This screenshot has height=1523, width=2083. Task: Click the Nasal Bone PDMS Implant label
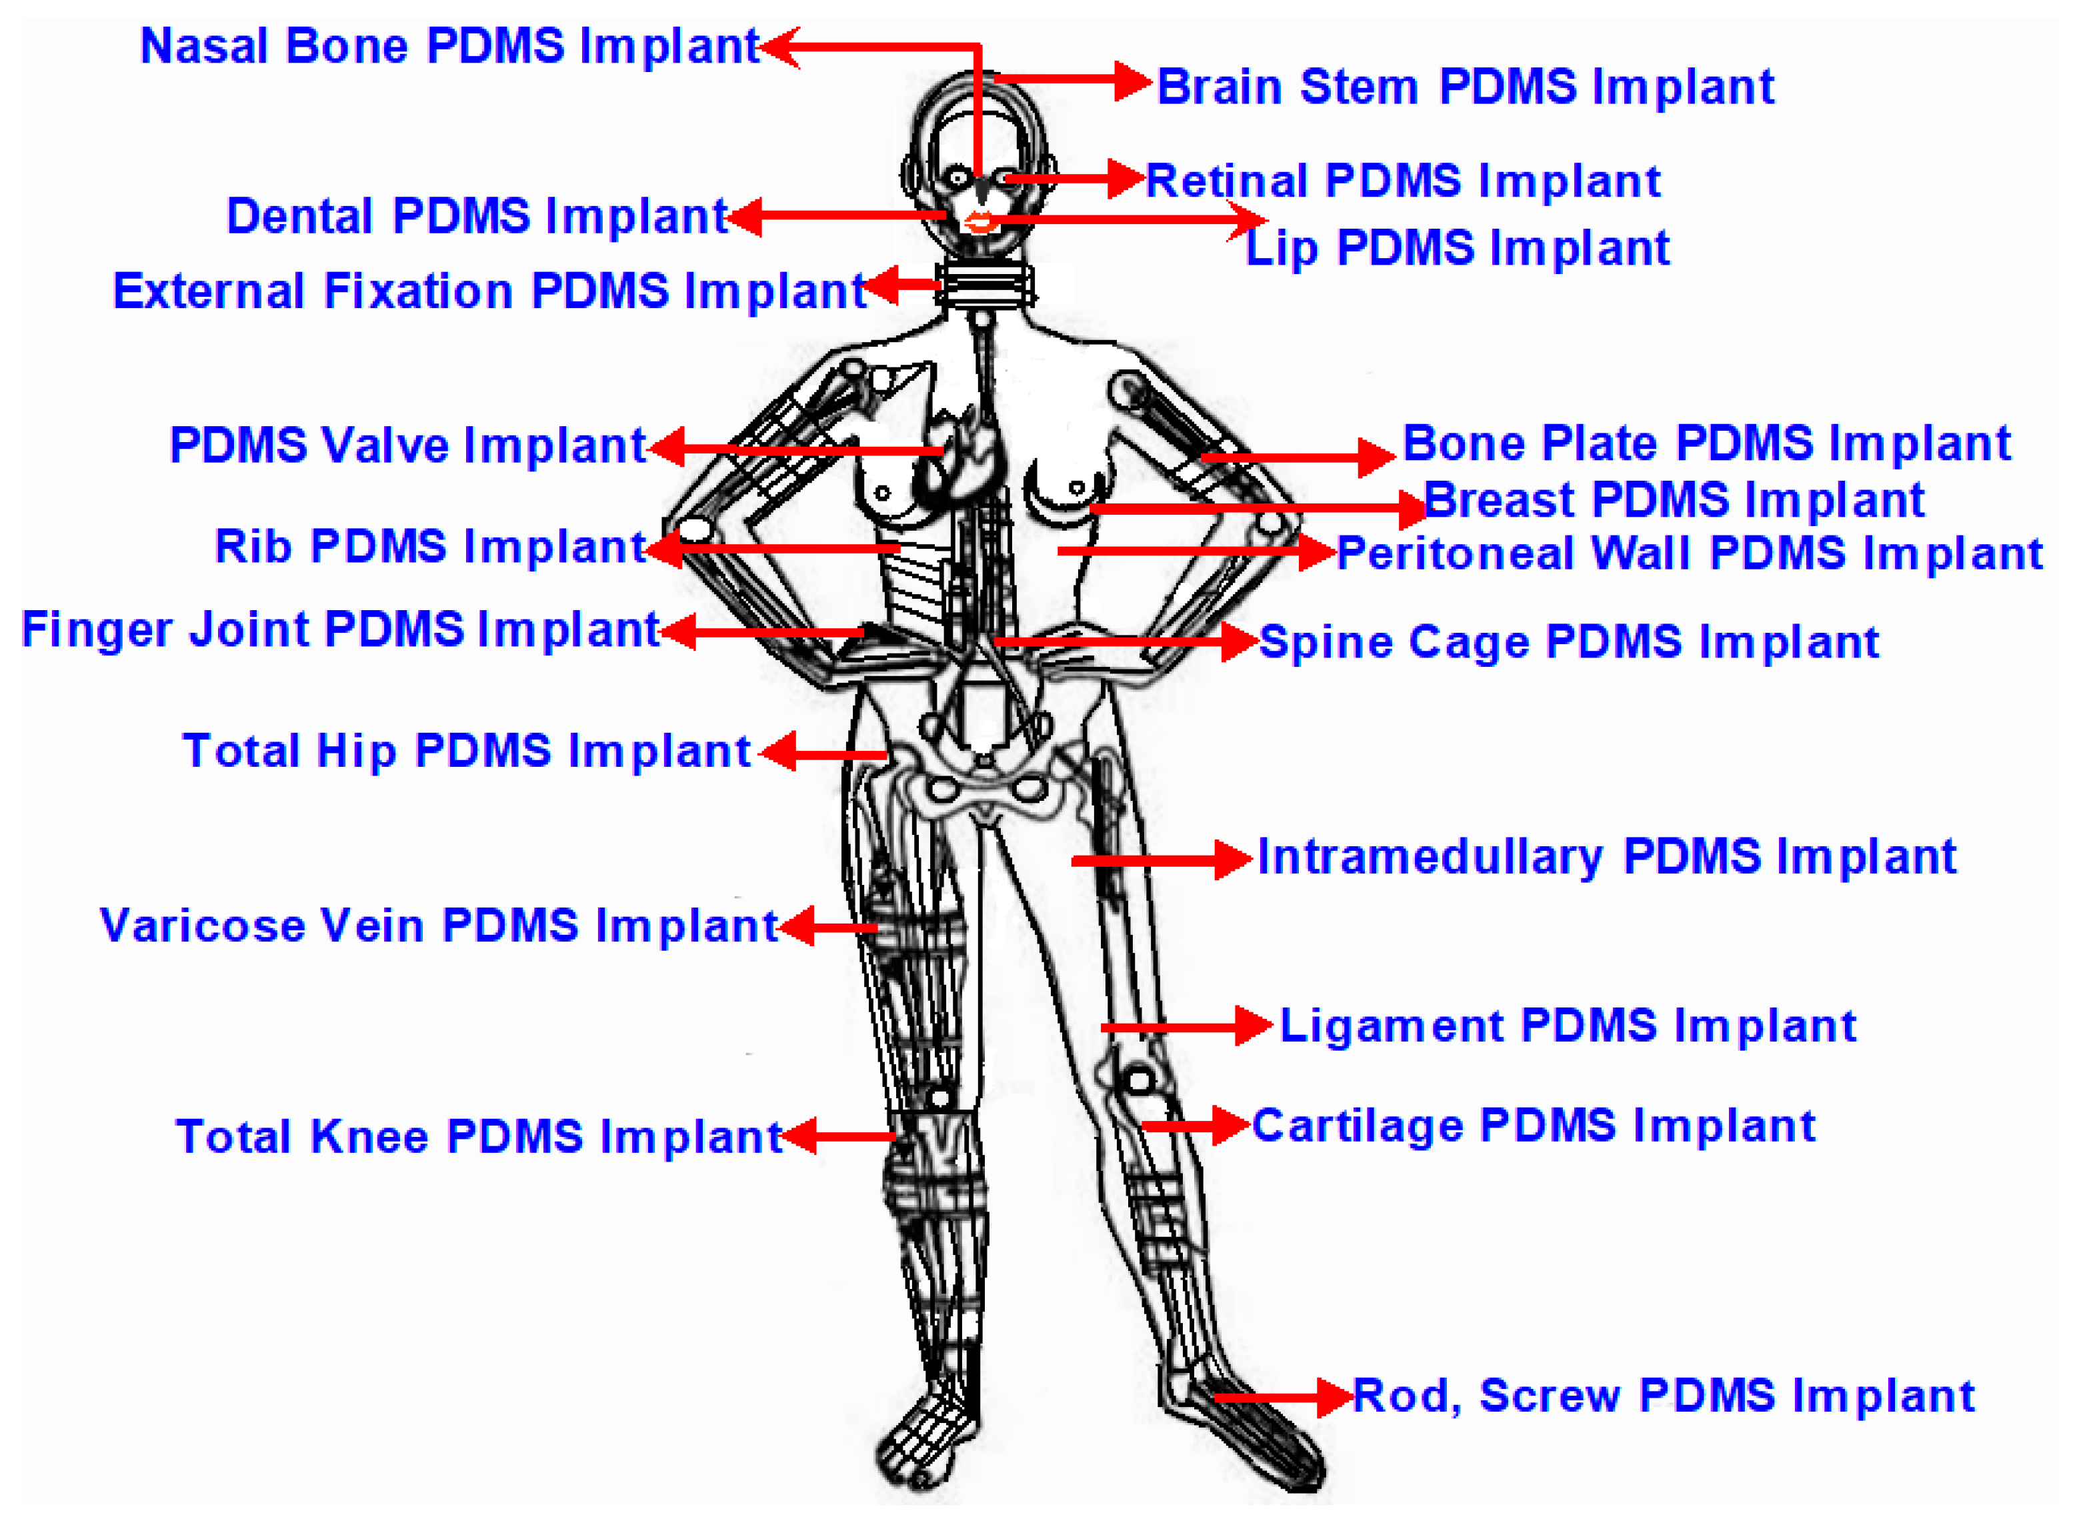449,46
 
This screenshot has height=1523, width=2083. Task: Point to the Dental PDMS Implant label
477,217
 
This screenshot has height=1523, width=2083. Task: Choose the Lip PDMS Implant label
1457,248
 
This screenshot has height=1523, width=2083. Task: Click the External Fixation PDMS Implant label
489,291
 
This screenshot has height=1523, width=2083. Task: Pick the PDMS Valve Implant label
407,446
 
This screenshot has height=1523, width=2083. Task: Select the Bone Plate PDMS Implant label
1706,443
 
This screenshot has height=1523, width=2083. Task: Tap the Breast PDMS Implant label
1673,501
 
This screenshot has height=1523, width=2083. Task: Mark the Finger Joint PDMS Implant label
340,631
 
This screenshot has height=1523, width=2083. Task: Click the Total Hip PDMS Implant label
466,751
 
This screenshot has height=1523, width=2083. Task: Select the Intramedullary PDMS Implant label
1606,858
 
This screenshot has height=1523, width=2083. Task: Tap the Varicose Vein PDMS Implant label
439,926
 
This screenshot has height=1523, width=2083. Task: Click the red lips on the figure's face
979,222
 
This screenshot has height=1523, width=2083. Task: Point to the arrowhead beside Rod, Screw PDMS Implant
1334,1398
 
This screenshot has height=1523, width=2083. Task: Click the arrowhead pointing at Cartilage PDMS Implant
1230,1126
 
